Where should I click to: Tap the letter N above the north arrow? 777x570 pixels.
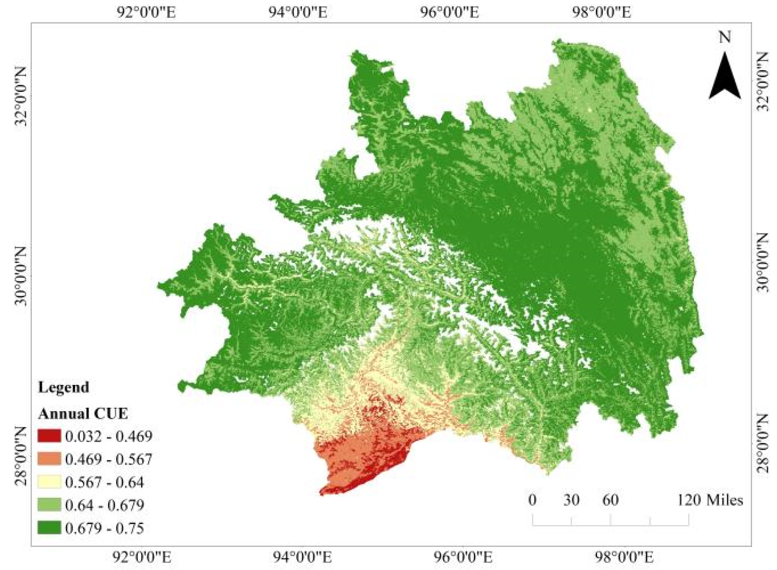click(x=725, y=37)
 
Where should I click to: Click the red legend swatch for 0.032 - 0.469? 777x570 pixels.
click(x=49, y=436)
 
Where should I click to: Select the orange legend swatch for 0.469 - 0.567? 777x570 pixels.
click(x=49, y=459)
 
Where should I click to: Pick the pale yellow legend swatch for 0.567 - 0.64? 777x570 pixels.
click(x=49, y=482)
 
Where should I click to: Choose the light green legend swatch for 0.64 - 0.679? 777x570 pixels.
click(x=49, y=505)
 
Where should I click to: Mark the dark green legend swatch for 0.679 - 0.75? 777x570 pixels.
click(x=49, y=528)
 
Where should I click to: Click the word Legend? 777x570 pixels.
click(x=63, y=387)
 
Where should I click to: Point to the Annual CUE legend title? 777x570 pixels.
click(x=83, y=413)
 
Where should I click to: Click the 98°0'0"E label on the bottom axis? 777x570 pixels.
click(x=623, y=557)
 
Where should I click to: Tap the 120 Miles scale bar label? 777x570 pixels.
click(x=710, y=500)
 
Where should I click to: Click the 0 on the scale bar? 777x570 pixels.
click(x=532, y=500)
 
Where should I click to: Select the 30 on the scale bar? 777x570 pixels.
click(x=571, y=500)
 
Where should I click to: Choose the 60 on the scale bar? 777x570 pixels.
click(x=610, y=500)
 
